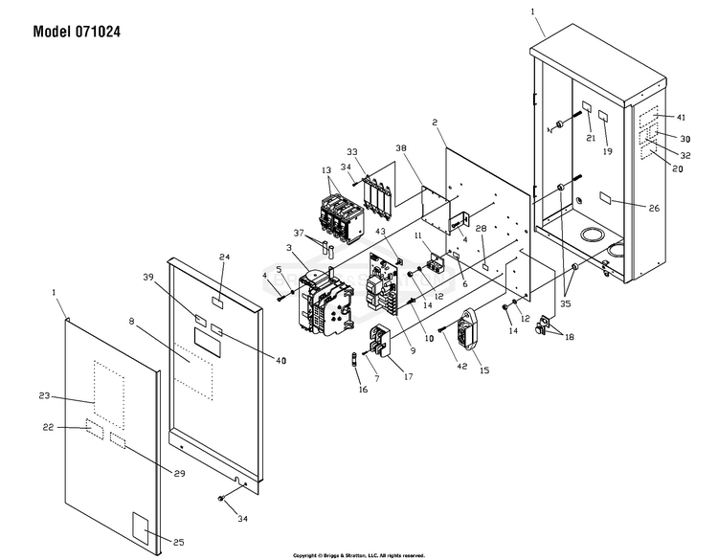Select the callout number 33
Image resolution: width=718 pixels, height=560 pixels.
(351, 152)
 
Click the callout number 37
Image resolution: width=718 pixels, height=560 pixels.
(299, 234)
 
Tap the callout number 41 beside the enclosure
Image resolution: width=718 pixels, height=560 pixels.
(682, 117)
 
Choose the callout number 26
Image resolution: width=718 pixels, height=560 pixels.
(654, 208)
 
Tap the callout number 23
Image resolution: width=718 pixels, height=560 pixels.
(44, 396)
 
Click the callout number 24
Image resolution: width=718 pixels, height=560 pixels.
(225, 258)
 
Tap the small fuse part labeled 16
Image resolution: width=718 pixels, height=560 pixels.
(355, 361)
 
